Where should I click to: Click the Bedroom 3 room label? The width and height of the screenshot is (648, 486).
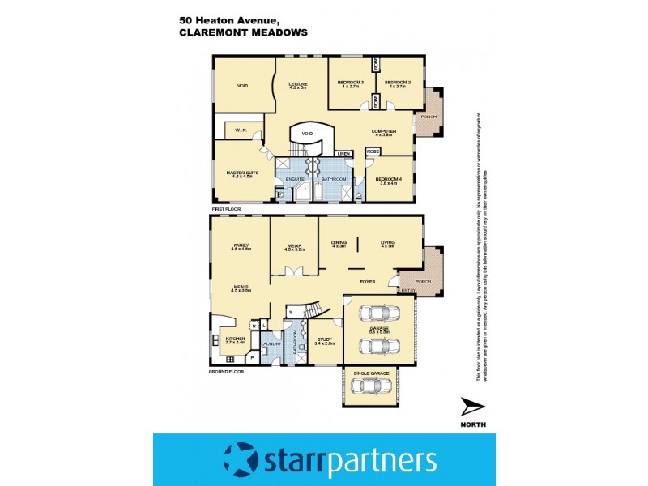click(x=351, y=83)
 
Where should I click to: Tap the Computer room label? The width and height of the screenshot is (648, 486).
click(x=383, y=131)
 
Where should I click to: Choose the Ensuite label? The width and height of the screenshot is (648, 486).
click(x=294, y=178)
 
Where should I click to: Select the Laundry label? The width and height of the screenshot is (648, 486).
click(x=271, y=343)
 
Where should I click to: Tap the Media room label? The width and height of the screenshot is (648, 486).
click(x=293, y=246)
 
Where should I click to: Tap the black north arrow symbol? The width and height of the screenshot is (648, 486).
click(x=471, y=406)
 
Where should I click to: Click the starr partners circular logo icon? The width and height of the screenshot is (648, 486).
click(x=240, y=459)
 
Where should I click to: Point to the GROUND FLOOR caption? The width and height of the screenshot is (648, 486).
click(x=224, y=370)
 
